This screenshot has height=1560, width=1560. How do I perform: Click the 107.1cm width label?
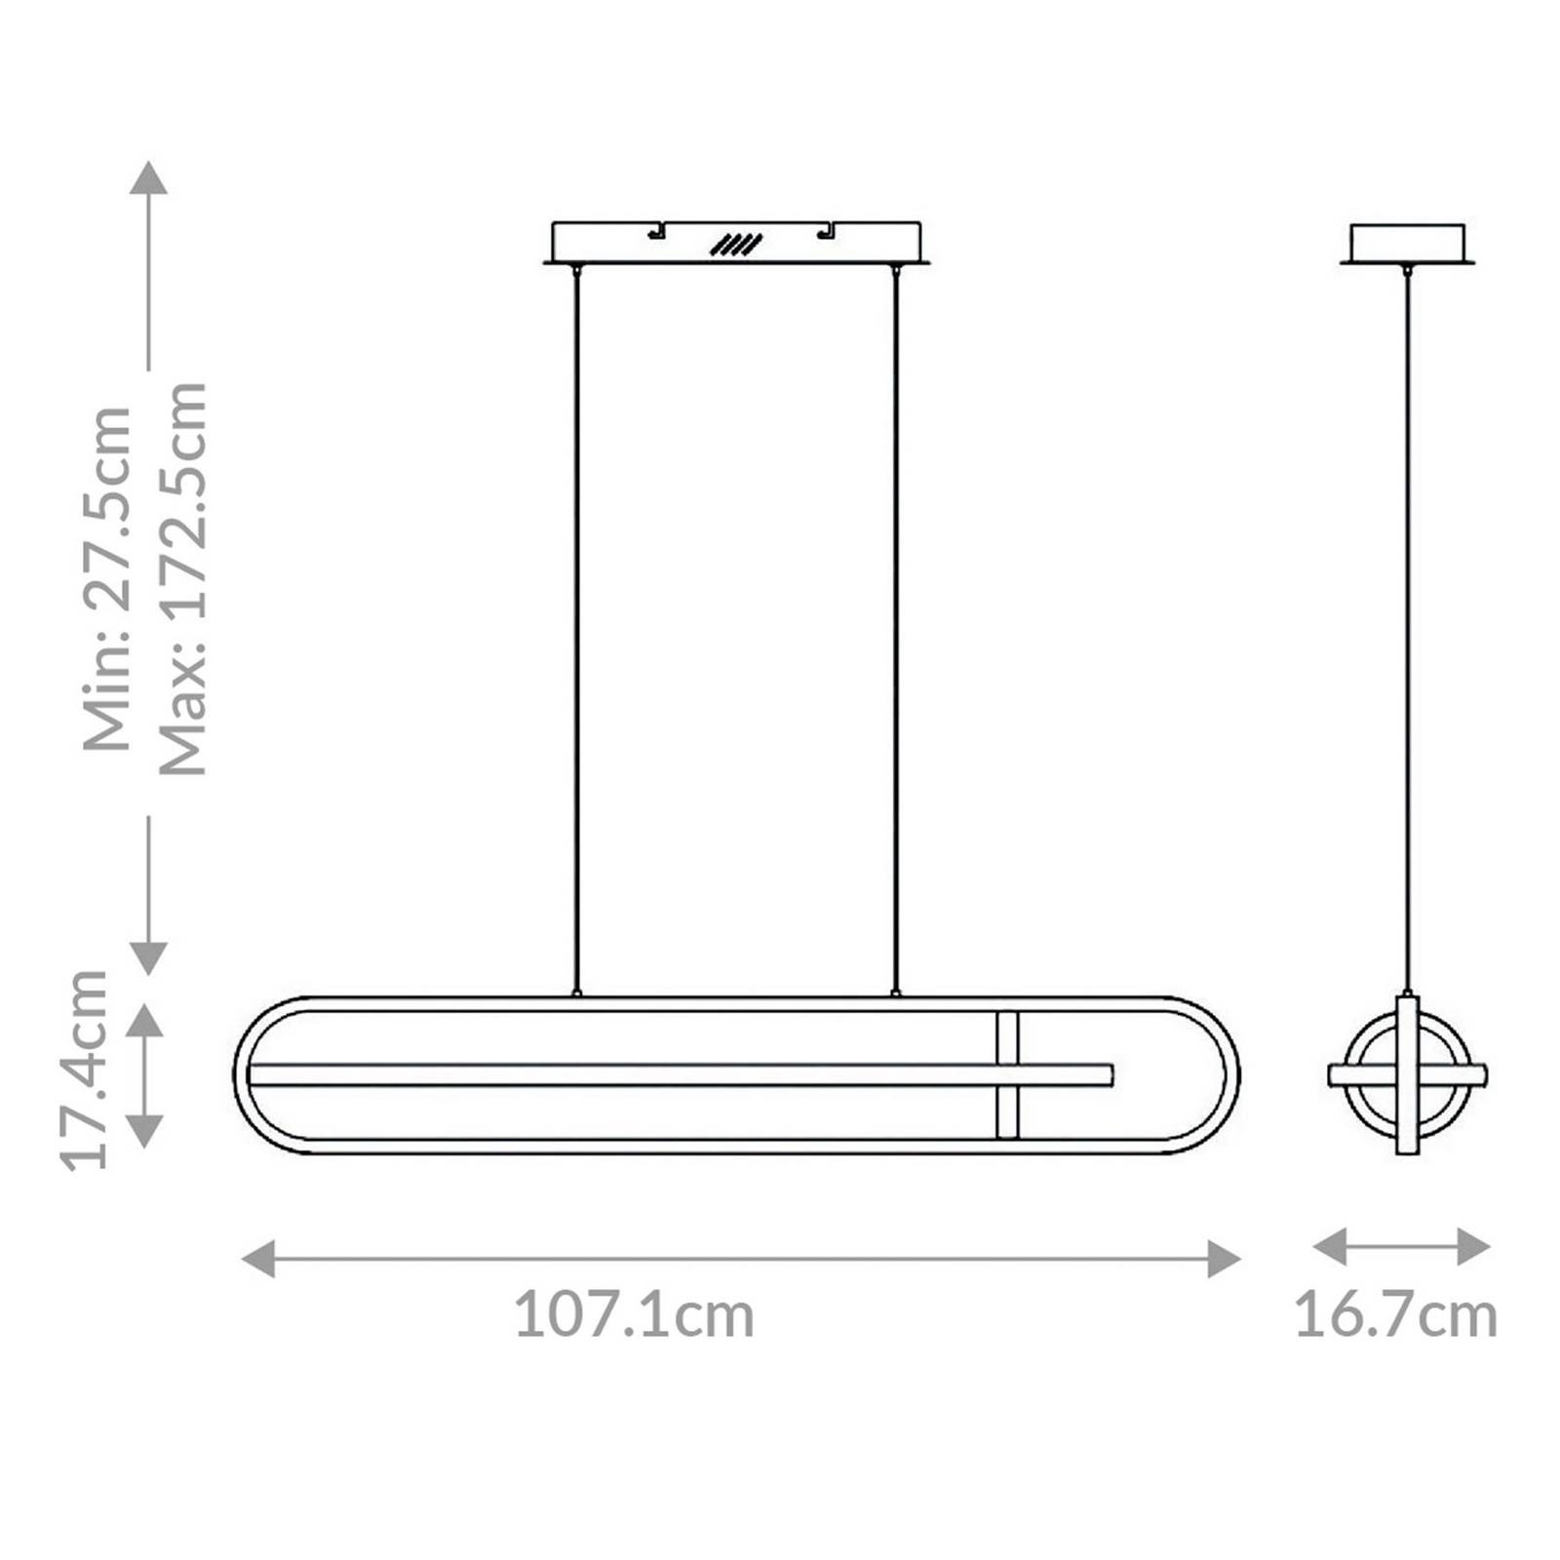[634, 1315]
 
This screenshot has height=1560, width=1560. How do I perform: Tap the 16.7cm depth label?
[1395, 1315]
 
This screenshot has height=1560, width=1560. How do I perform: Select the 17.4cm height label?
[84, 1070]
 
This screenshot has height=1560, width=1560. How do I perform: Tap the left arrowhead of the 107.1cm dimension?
[258, 1259]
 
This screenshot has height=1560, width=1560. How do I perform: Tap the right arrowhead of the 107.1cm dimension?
[1224, 1259]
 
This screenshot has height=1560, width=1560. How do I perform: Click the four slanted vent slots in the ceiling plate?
[736, 245]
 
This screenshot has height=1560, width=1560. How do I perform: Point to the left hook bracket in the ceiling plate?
[656, 231]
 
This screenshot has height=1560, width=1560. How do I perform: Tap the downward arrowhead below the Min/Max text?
[148, 957]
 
